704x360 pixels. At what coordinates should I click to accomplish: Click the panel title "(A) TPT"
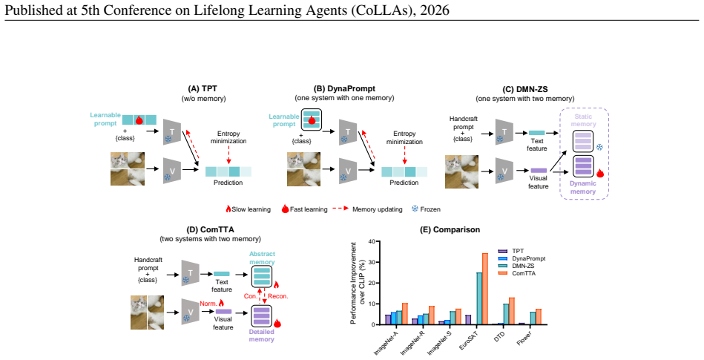(203, 89)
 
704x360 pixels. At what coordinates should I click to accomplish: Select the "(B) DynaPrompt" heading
(344, 88)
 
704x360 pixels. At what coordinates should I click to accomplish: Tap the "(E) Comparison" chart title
(450, 229)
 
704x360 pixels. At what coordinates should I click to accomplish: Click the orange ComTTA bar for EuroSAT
(485, 289)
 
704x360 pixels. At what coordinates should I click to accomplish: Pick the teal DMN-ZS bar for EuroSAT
(479, 298)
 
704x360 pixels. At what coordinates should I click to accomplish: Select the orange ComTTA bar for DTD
(511, 311)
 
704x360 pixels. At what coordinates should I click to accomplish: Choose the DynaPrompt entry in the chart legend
(522, 258)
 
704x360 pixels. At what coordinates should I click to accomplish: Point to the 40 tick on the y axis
(371, 241)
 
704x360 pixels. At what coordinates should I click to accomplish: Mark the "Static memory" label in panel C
(583, 120)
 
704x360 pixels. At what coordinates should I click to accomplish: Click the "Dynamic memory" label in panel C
(583, 187)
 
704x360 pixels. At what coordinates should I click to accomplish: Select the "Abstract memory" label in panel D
(262, 258)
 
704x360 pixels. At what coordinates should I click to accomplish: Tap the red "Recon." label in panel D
(278, 296)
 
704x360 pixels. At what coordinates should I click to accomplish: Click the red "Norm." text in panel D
(208, 304)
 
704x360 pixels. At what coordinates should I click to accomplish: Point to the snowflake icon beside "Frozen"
(415, 209)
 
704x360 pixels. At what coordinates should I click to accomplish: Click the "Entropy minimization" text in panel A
(228, 137)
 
